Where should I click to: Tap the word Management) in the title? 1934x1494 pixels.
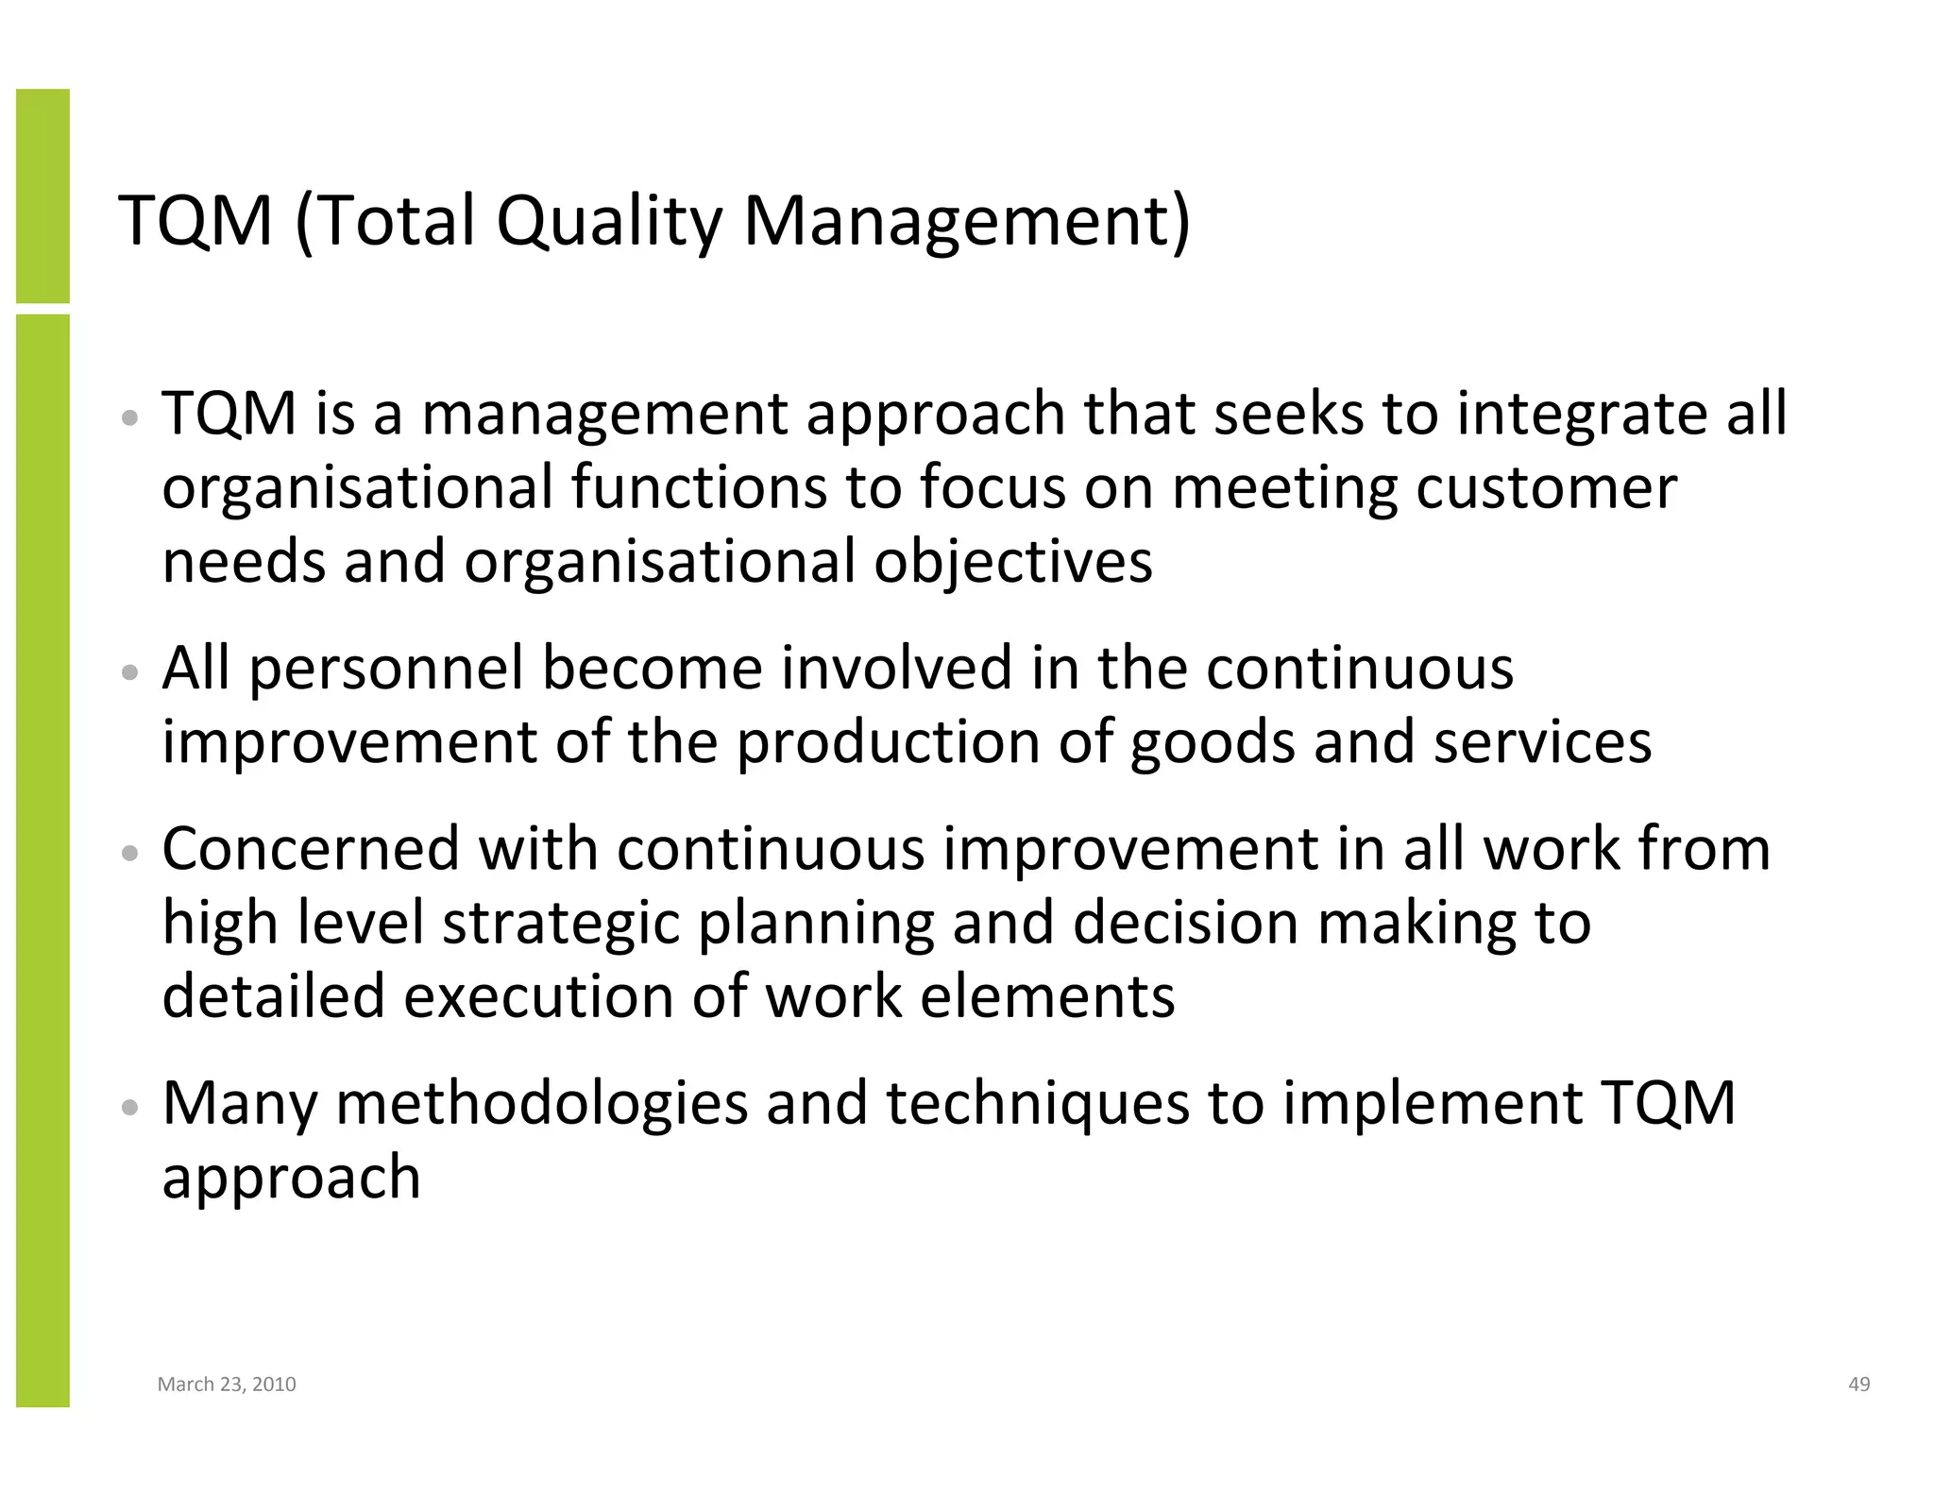[x=967, y=223]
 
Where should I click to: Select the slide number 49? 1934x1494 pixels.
[x=1858, y=1384]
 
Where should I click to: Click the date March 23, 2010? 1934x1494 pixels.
[x=227, y=1384]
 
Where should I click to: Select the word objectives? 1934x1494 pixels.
[x=1012, y=562]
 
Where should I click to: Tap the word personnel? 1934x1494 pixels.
[x=386, y=671]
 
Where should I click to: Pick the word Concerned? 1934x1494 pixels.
[x=311, y=849]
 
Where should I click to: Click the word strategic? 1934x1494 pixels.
[x=561, y=923]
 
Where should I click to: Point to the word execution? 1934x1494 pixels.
[x=538, y=996]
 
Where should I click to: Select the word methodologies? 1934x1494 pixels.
[x=541, y=1105]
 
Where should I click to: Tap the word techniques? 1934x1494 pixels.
[x=1037, y=1105]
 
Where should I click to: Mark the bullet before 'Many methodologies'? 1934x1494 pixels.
[x=132, y=1106]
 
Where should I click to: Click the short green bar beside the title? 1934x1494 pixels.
[x=42, y=195]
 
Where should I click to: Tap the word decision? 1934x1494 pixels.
[x=1185, y=923]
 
